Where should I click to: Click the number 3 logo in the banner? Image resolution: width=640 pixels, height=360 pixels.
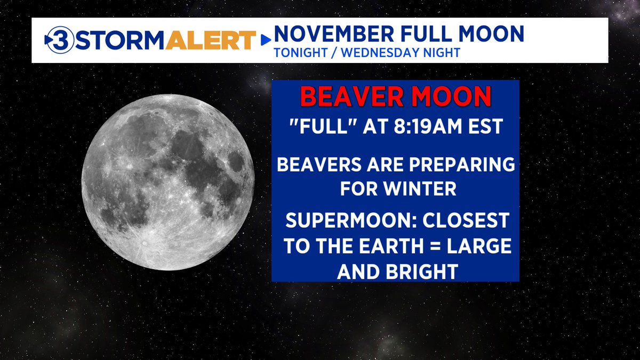[56, 41]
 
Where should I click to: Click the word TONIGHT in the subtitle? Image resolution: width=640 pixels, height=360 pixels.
[295, 53]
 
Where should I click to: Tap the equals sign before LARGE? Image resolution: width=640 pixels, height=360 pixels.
[429, 247]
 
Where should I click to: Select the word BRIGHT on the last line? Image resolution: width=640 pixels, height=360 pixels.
[422, 271]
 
